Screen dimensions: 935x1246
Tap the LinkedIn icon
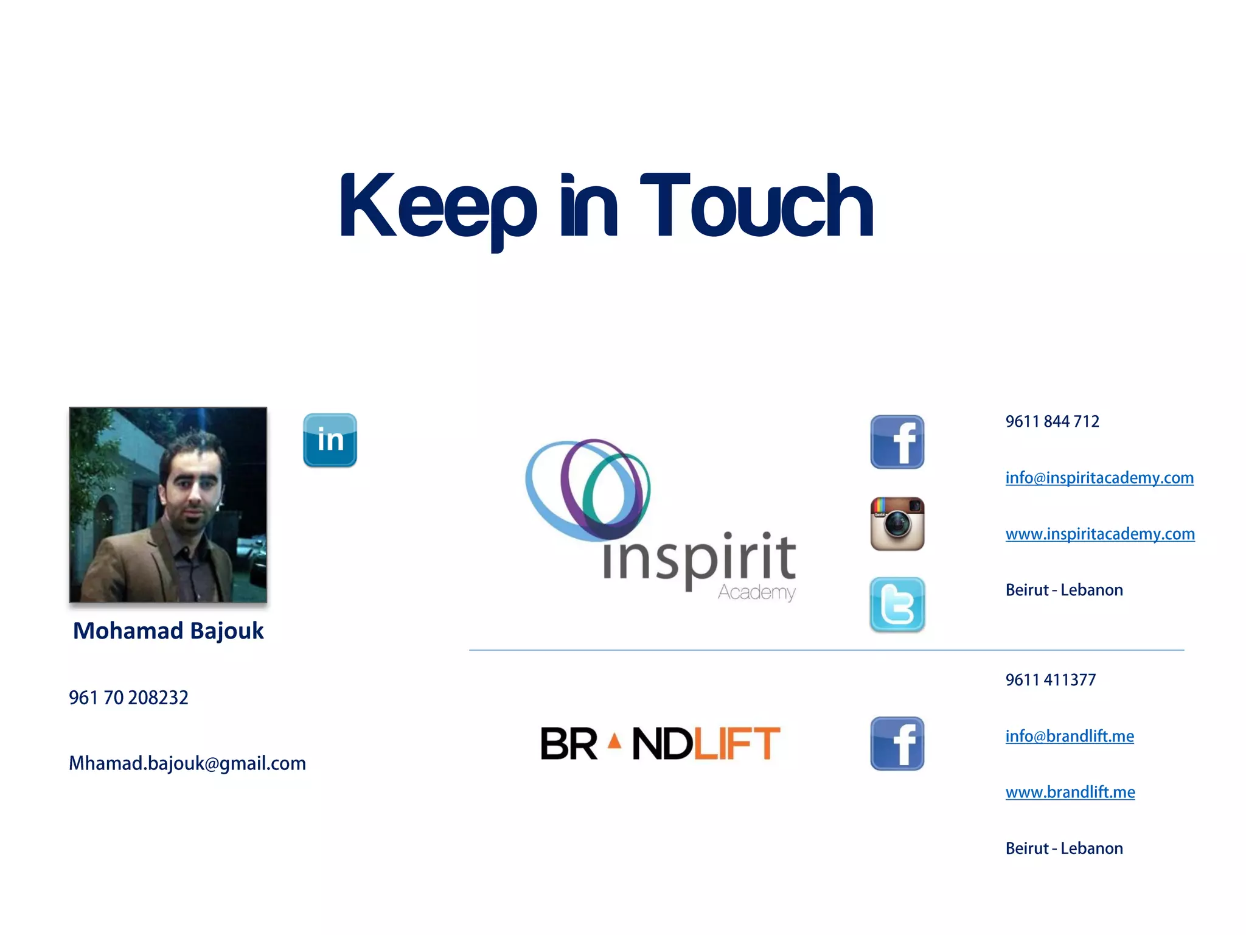330,440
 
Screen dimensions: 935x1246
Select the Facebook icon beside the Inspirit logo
897,442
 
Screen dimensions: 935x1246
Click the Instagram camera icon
897,524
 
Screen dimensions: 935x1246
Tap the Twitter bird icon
897,604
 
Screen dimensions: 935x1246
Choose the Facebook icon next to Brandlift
897,743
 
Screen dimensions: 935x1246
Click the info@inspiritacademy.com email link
1099,478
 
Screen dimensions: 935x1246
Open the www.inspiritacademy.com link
1099,534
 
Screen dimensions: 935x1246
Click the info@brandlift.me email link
1069,736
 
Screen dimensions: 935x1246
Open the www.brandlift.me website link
1070,792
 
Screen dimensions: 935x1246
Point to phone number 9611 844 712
1052,421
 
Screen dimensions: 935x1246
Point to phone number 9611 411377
1050,680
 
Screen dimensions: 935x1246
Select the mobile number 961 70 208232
128,698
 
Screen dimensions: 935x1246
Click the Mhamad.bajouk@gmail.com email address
187,763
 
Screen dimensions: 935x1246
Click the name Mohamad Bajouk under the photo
168,631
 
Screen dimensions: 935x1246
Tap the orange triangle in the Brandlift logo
614,741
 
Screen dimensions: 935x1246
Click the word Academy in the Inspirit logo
756,592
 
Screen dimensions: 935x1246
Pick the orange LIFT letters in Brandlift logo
737,743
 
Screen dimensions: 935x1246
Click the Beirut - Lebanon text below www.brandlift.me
1063,849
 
